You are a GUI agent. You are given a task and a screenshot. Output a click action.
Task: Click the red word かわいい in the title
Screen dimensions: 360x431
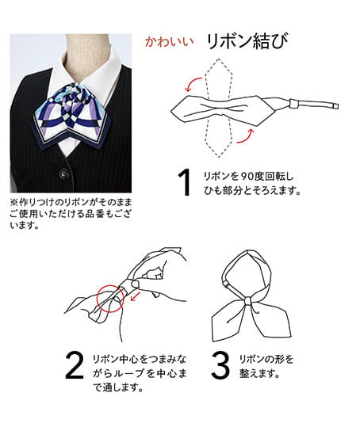click(x=169, y=42)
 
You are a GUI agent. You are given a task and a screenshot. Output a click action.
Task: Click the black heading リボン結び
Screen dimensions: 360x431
click(x=247, y=41)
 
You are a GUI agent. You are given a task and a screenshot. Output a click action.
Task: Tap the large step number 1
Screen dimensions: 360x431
click(x=185, y=182)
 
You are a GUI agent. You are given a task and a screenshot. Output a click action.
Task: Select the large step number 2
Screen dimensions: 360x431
click(x=75, y=364)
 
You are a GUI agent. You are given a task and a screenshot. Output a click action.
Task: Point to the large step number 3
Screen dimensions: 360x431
click(x=220, y=364)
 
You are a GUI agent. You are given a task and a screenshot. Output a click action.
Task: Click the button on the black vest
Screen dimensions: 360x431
click(x=64, y=174)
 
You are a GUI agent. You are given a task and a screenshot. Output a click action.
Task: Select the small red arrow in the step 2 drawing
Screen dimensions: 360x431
click(x=135, y=296)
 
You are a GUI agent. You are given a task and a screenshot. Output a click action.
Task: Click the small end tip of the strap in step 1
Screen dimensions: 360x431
click(x=335, y=106)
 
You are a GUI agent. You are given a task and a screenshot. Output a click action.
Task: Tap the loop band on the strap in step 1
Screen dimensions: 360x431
click(x=294, y=104)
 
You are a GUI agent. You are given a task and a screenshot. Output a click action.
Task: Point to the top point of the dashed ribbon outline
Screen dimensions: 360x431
click(x=219, y=59)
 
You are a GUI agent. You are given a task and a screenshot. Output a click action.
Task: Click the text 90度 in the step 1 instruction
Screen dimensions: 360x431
click(x=252, y=176)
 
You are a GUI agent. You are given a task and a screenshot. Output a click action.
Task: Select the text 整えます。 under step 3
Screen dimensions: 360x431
click(x=259, y=373)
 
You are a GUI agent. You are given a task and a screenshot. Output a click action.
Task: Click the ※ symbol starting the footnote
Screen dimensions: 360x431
click(x=13, y=203)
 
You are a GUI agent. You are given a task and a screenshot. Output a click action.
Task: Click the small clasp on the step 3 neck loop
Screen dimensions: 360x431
click(x=226, y=284)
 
